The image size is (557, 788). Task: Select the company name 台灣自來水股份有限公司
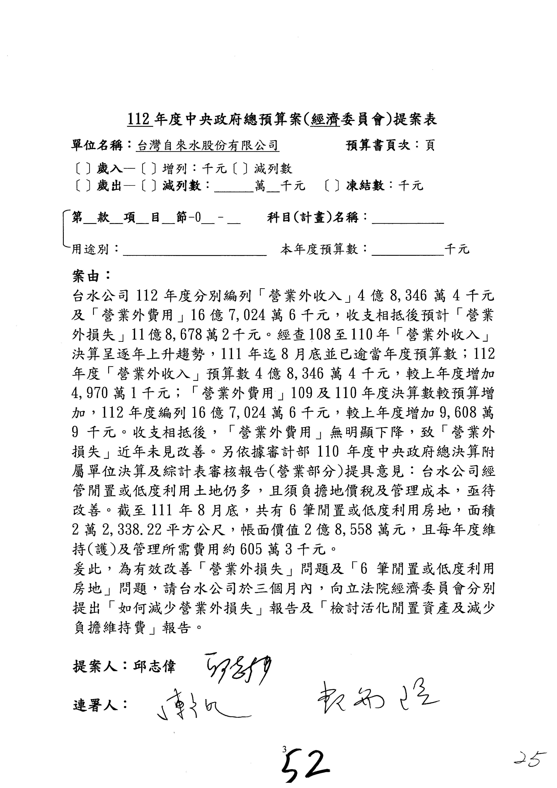coord(207,145)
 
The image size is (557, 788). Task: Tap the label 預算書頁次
coord(378,145)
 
